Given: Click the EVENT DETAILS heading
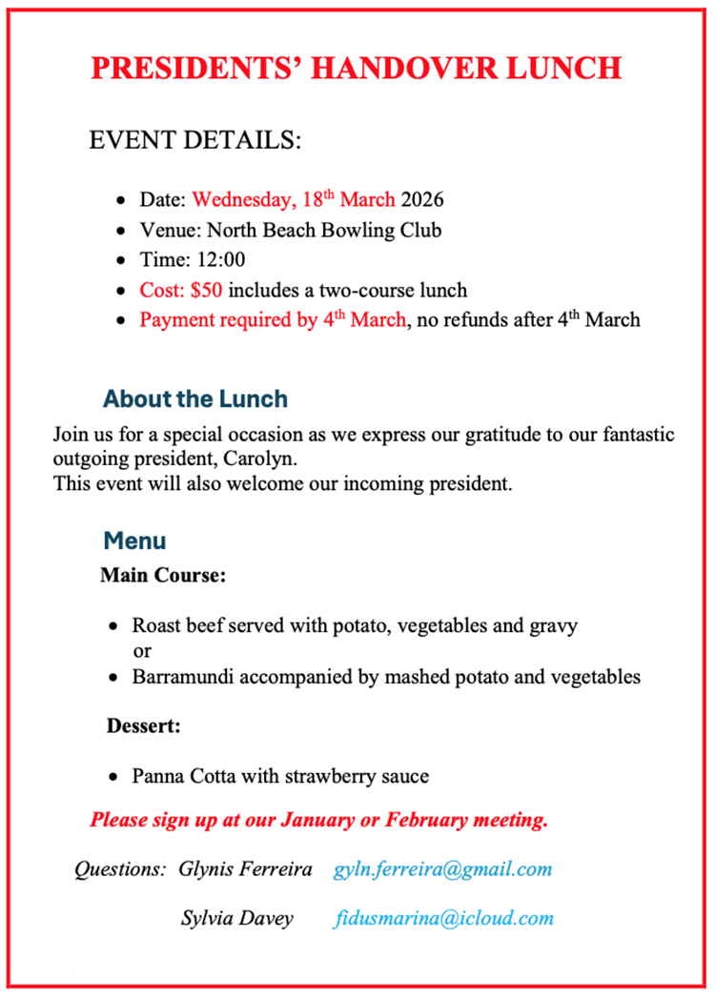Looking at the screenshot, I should tap(194, 141).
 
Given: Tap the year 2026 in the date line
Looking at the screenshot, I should tap(421, 200).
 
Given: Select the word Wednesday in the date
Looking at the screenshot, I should tap(243, 200).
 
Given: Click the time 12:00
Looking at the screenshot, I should tap(221, 259).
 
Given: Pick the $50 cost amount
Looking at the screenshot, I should tap(206, 290).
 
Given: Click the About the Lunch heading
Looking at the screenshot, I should tap(195, 398).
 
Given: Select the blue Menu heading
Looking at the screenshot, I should tap(134, 541).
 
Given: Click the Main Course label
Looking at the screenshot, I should tap(163, 576).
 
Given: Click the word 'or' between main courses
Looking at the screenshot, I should tap(142, 652).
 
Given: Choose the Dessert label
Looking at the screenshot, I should tap(144, 726).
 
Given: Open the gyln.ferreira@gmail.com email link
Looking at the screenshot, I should tap(443, 869).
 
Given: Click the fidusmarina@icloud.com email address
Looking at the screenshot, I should tap(444, 919).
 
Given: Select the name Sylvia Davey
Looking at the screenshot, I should tap(237, 919).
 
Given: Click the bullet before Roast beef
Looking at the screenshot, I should tap(113, 627).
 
